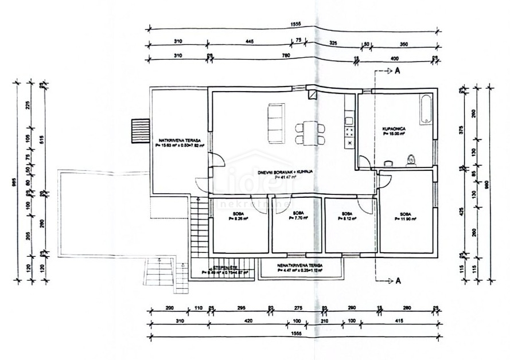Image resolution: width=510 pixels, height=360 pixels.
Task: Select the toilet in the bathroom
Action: coord(410,160)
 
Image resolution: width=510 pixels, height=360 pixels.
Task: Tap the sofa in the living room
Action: coord(277,123)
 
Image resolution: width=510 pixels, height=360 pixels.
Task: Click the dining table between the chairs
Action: coord(310,132)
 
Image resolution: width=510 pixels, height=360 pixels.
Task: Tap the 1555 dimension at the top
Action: coord(296,24)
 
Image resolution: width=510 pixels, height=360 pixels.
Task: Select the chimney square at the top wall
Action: coord(313,95)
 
